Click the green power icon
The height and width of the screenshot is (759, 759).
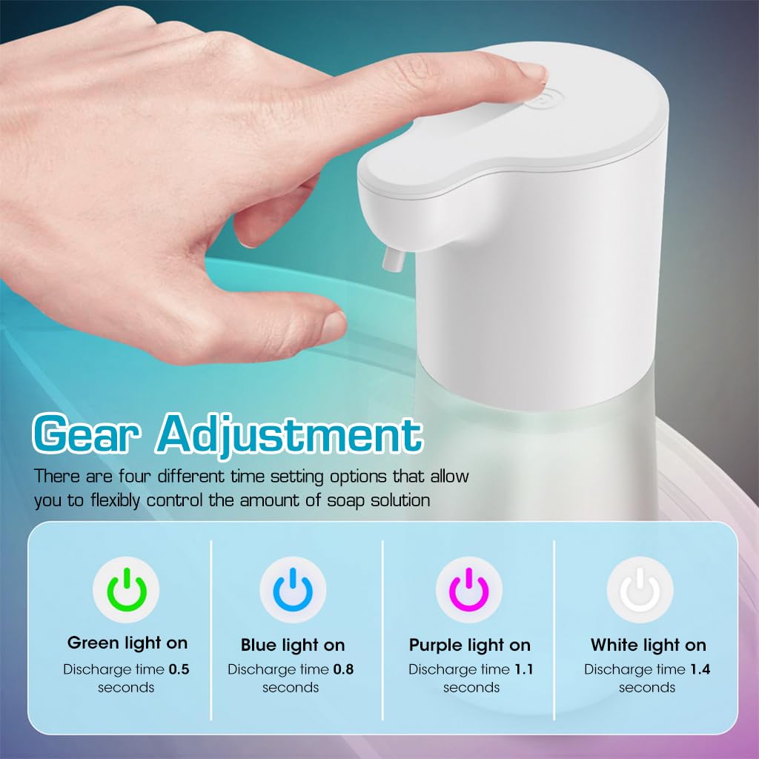127,591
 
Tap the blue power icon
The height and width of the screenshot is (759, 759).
293,591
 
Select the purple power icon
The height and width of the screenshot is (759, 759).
469,591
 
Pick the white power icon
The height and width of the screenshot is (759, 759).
640,591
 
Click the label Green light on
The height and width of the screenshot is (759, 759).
127,643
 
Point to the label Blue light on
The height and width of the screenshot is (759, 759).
293,645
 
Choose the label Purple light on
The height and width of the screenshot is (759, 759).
470,645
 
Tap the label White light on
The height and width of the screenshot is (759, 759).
648,645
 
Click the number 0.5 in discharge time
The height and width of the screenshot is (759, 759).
179,669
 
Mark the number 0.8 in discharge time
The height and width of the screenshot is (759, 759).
343,669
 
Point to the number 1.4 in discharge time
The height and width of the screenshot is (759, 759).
700,669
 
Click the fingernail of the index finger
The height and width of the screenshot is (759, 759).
531,72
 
